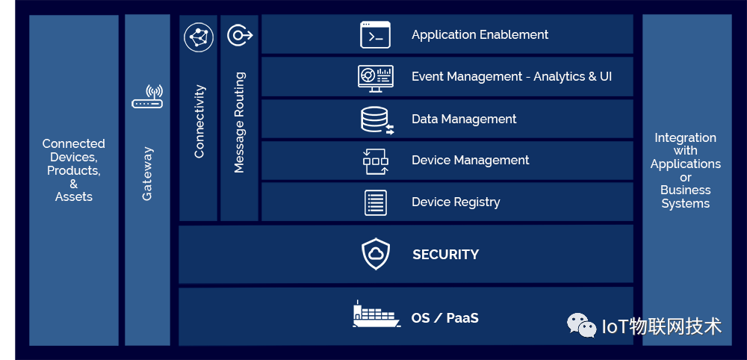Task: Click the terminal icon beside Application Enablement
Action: coord(375,35)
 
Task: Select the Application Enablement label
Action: coord(480,35)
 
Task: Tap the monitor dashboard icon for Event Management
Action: coord(375,77)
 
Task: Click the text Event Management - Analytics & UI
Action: coord(512,77)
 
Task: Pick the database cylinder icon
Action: coord(376,120)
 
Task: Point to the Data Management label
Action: coord(464,120)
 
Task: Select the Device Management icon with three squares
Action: coord(375,161)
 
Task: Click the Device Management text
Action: coord(470,161)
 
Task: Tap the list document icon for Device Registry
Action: coord(375,202)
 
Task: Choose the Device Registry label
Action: coord(456,202)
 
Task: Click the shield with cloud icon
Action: coord(376,255)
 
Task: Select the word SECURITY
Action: coord(445,255)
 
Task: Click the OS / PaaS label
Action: coord(444,318)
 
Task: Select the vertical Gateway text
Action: coord(147,173)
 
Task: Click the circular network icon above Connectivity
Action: coord(199,37)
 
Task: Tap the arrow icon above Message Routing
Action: coord(240,35)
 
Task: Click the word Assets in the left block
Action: coord(73,197)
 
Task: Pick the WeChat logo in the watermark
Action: coord(581,325)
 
